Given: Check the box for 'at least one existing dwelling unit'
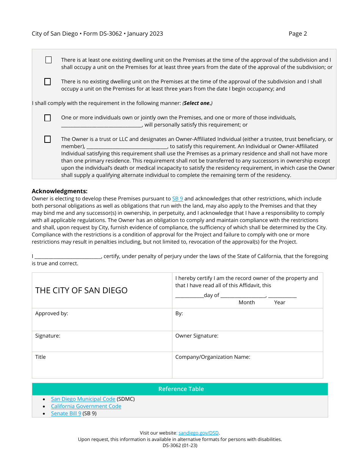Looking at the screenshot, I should click(49, 60).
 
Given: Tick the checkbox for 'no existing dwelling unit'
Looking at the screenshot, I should click(47, 82).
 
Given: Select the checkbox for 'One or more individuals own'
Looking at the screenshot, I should click(47, 118).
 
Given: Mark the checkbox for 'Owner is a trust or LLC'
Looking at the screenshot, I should click(47, 139).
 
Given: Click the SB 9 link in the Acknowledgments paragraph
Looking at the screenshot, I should click(177, 199).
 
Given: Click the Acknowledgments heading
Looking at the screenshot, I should click(59, 191).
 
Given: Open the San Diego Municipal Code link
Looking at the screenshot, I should click(83, 399).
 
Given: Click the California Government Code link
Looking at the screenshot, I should click(86, 406).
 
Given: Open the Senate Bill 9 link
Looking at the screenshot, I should click(66, 413).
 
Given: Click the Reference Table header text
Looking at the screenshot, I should click(181, 389).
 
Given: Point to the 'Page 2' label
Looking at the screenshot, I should click(297, 34).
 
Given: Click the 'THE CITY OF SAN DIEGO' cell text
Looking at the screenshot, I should click(81, 291).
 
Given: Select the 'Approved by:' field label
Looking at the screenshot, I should click(52, 314).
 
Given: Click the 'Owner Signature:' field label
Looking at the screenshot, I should click(197, 336).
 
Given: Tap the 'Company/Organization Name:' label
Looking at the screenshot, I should click(213, 357).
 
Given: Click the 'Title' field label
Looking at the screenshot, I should click(40, 357).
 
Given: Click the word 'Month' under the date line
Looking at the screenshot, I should click(247, 302).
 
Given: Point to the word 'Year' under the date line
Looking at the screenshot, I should click(280, 302).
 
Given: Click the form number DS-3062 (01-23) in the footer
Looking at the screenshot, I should click(180, 446).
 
